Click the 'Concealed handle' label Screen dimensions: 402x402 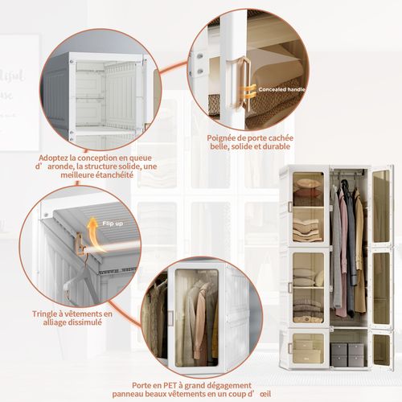[281, 89]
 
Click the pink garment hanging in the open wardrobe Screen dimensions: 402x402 [343, 257]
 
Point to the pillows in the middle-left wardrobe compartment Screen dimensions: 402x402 [306, 277]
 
